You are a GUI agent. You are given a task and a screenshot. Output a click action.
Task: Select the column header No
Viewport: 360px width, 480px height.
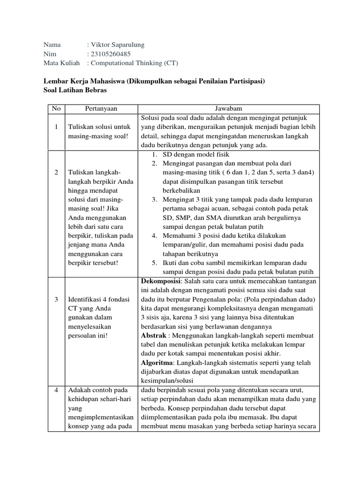coord(56,109)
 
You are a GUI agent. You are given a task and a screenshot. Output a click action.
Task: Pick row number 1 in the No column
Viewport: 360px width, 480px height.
coord(56,127)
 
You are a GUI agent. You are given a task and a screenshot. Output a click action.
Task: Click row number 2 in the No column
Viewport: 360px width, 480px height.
coord(56,172)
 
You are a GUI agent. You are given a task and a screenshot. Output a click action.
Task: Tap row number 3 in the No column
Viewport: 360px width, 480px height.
coord(56,299)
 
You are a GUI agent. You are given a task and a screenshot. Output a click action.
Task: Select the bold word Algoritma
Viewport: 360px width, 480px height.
coord(157,362)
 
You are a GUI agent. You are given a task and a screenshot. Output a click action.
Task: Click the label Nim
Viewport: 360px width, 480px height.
coord(49,54)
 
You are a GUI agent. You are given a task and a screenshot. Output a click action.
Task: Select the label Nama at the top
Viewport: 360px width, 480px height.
coord(52,45)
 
